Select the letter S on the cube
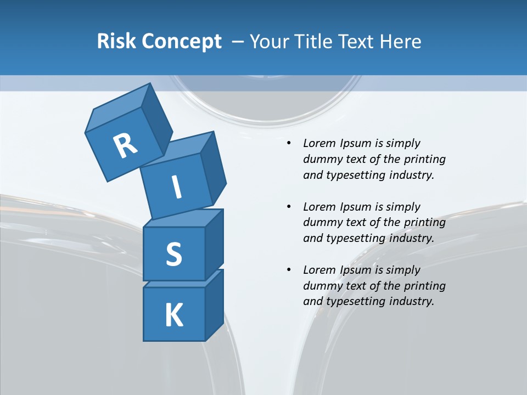(173, 254)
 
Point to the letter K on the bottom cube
(173, 315)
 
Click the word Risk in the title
(117, 41)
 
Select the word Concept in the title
(182, 42)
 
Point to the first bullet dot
(289, 144)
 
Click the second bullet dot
(289, 207)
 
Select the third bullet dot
(289, 270)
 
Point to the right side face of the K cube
(214, 304)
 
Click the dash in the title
(238, 41)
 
